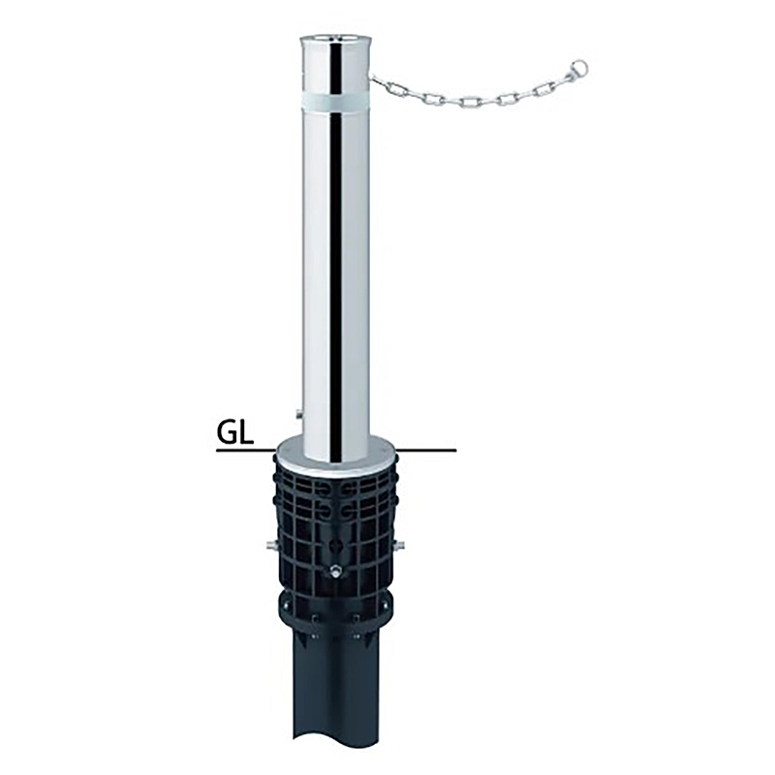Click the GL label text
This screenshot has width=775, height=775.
coord(234,433)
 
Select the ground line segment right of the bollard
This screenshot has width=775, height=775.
coord(426,450)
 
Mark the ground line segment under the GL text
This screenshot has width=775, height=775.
coord(247,450)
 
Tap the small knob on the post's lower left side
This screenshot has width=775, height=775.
coord(298,413)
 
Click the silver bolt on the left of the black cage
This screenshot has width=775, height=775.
coord(270,545)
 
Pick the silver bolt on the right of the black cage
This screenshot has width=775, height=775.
coord(400,545)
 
